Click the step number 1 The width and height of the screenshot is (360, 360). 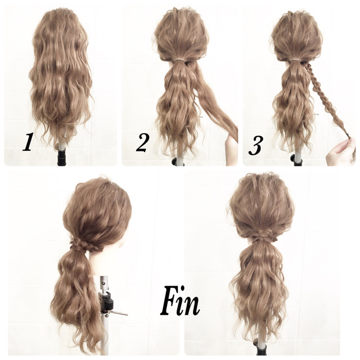point(28,142)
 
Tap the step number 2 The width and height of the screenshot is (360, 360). point(142,142)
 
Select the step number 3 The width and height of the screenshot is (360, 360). point(255,145)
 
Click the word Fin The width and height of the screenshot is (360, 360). point(180,300)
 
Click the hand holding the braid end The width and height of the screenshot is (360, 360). point(341,152)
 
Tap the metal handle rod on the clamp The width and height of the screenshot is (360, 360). point(118,313)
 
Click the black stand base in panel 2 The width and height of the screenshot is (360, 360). point(177,161)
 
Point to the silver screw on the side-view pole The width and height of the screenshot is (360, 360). point(103,280)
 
